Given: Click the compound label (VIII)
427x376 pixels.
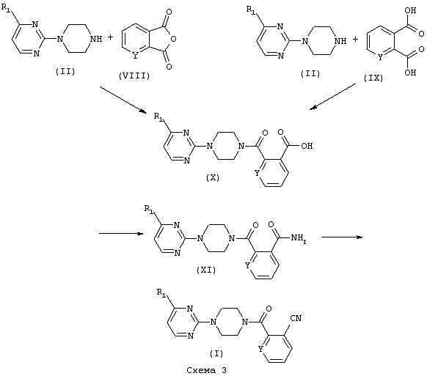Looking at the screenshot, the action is (x=134, y=76).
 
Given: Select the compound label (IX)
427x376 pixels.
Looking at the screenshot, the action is (x=373, y=78).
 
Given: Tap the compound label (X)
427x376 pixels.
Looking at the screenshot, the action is (x=213, y=177).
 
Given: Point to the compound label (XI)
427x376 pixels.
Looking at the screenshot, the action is (x=206, y=270).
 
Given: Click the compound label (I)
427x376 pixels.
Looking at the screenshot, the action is (x=216, y=353).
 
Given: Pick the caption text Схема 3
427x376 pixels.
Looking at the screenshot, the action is (x=206, y=370).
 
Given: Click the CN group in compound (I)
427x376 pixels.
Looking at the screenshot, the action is (x=296, y=318).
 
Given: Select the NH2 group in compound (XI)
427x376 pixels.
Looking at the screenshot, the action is (x=299, y=238).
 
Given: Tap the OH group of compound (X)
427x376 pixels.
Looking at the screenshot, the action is (x=307, y=146).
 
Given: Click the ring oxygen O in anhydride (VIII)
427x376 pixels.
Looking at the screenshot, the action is (x=173, y=39).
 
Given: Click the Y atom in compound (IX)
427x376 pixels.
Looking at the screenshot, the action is (x=381, y=57).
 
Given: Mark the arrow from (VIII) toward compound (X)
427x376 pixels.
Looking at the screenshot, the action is (x=123, y=99).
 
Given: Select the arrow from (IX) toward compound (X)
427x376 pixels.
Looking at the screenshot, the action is (x=332, y=97).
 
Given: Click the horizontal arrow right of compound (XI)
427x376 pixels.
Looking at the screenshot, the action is (x=342, y=237).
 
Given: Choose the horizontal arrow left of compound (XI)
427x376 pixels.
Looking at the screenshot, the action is (x=121, y=233).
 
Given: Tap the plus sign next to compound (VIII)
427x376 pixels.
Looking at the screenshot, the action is (x=110, y=37).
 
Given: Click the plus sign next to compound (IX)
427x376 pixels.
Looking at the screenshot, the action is (x=355, y=40).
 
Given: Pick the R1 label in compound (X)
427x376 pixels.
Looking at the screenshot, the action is (x=158, y=117).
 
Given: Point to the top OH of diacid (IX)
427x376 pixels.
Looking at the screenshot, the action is (x=410, y=10).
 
